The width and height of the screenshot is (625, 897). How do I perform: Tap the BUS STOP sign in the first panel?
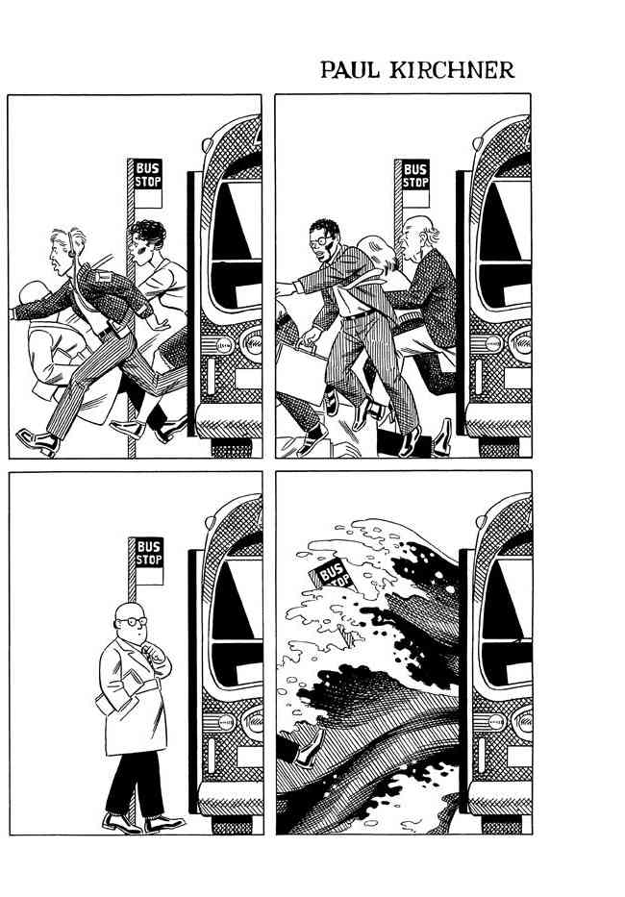[x=148, y=175]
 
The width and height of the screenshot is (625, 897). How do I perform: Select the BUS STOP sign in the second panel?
[x=415, y=175]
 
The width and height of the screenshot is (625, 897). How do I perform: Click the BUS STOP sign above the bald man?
[x=149, y=553]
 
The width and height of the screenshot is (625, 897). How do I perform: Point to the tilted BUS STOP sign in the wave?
[x=333, y=573]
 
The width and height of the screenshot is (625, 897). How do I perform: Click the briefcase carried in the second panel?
[x=302, y=372]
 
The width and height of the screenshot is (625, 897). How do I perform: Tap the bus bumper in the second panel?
[x=499, y=422]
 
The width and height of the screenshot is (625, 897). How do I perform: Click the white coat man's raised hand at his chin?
[x=152, y=650]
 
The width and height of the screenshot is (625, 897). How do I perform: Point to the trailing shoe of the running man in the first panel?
[x=37, y=441]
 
